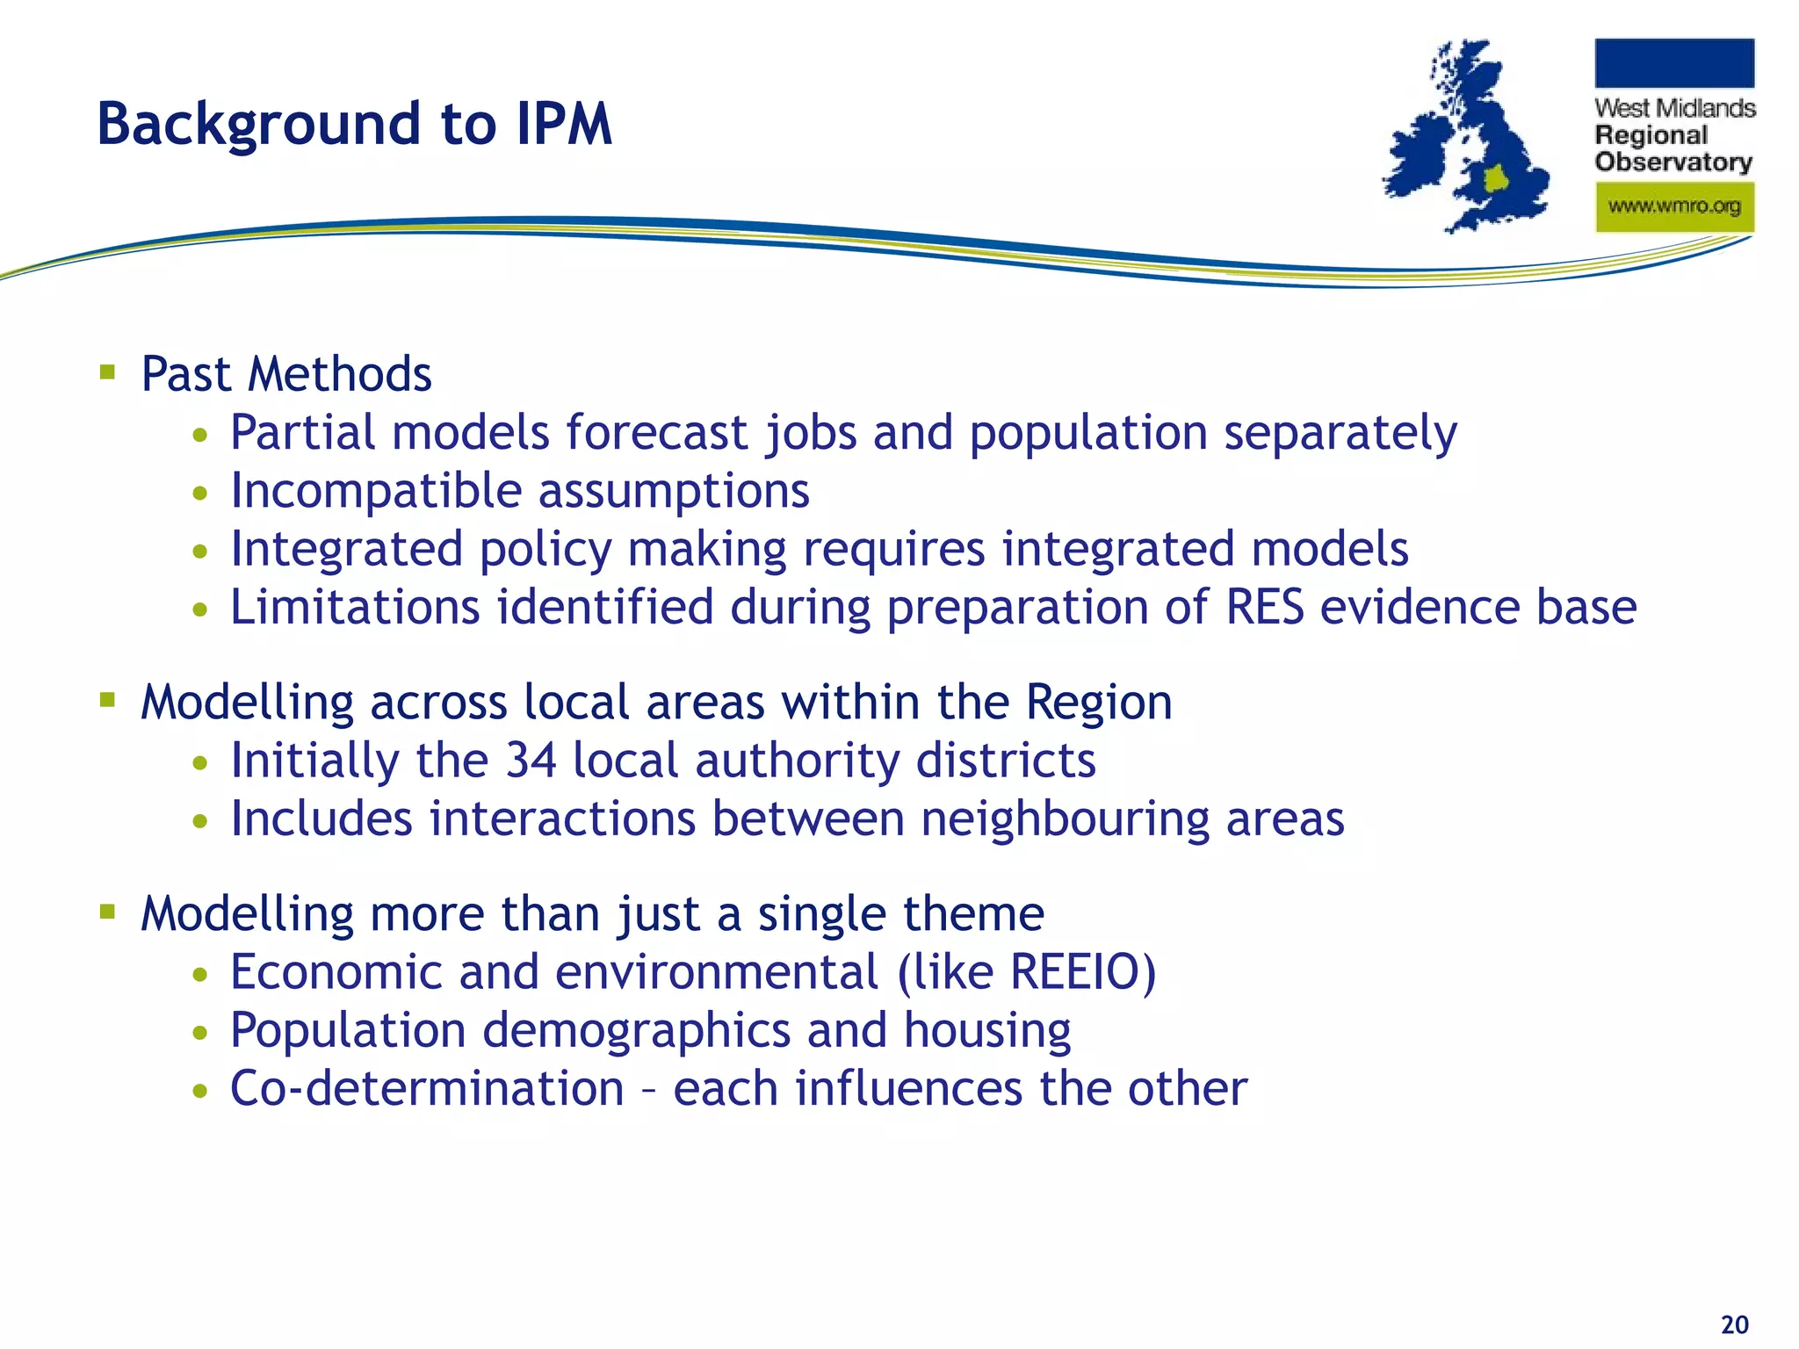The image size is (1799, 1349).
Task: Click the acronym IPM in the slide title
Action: [x=564, y=124]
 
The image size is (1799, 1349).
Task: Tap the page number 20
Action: [x=1734, y=1324]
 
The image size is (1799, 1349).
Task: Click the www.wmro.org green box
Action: [x=1674, y=207]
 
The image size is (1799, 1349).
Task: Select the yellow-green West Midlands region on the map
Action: [x=1495, y=179]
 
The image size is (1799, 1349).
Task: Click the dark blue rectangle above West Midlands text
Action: [x=1674, y=63]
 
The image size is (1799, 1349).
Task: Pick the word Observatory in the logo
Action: [x=1673, y=162]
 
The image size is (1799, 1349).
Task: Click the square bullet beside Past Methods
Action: [x=108, y=372]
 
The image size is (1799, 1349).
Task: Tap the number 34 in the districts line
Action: [x=531, y=761]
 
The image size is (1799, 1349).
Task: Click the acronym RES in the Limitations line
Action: [x=1264, y=608]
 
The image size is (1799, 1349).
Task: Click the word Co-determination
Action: [x=427, y=1089]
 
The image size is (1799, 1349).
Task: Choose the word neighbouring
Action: [x=1065, y=820]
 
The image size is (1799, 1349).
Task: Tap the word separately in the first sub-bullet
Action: [x=1340, y=433]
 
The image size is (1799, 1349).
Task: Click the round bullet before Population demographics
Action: [x=201, y=1033]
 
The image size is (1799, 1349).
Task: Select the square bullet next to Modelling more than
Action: [x=108, y=912]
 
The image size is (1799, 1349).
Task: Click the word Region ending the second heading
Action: [x=1099, y=703]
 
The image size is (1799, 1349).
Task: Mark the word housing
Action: [x=987, y=1031]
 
